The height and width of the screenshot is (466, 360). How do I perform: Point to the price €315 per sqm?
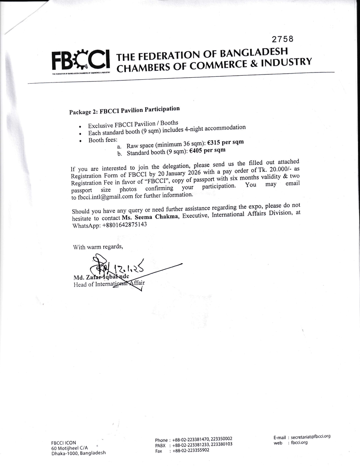click(x=225, y=143)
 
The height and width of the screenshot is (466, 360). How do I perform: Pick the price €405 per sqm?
click(x=207, y=151)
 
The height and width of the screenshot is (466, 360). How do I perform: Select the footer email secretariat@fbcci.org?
click(x=310, y=436)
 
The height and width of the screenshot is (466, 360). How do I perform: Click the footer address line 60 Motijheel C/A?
click(x=69, y=448)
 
